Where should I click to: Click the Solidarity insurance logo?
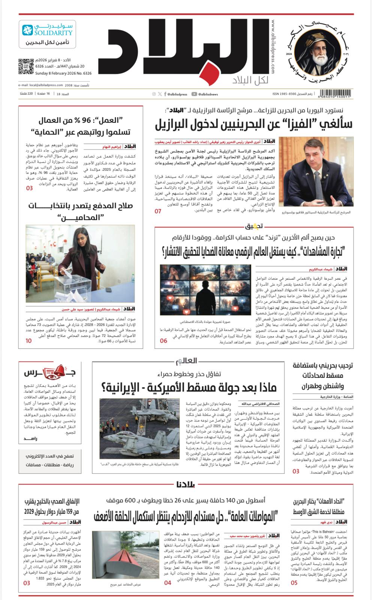tap(47, 34)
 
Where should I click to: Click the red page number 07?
tap(158, 211)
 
